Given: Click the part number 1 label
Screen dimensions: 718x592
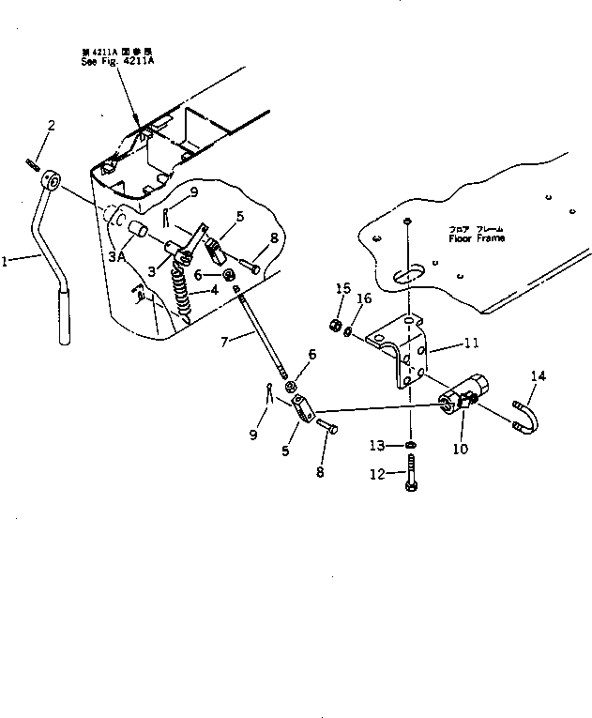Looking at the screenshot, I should [x=7, y=264].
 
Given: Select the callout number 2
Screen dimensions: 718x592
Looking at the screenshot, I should [x=52, y=126].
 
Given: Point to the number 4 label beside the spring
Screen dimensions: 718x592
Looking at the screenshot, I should [x=215, y=290].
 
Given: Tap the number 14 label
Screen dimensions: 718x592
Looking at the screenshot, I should [x=537, y=376].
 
